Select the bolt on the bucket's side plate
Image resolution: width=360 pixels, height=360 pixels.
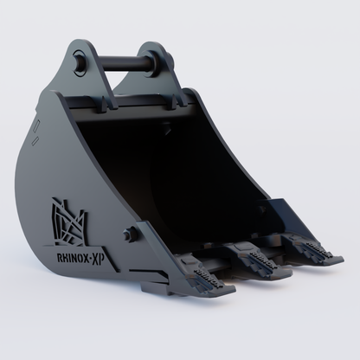coord(131,234)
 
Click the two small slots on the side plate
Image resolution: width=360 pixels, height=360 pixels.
coord(37,129)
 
